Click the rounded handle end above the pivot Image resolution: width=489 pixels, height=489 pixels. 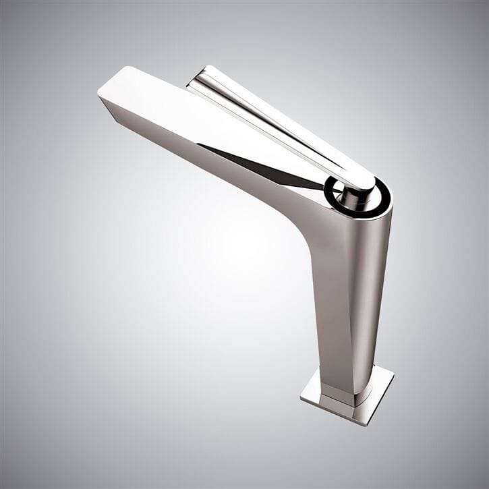click(362, 179)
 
